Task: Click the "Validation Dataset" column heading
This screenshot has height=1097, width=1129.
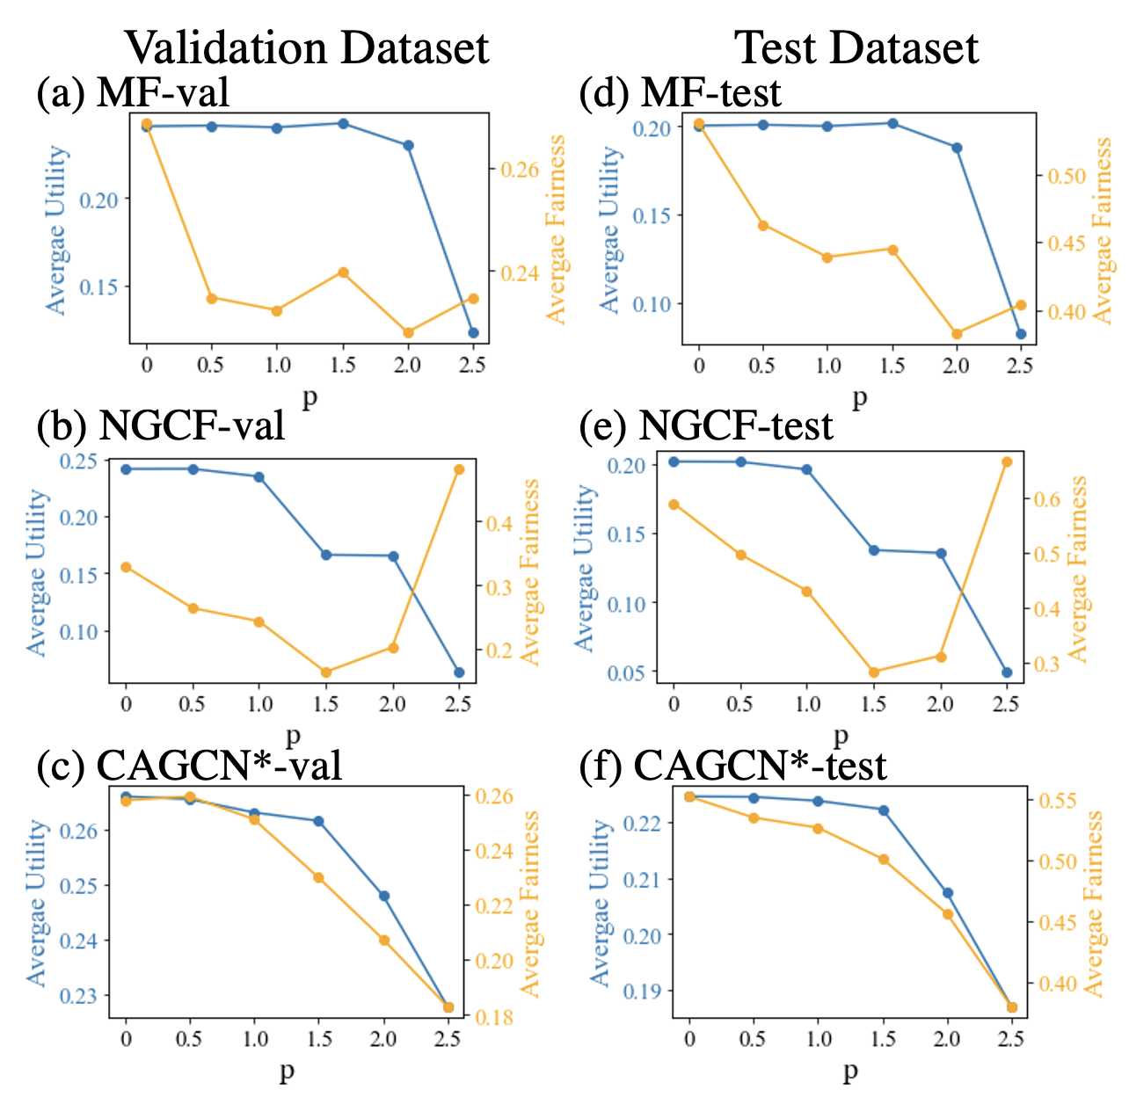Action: tap(306, 47)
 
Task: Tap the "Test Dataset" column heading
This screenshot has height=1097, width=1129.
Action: tap(856, 47)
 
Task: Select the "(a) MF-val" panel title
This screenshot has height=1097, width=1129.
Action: tap(133, 91)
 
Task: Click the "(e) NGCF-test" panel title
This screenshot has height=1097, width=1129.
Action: tap(706, 425)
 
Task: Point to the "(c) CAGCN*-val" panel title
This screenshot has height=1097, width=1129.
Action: tap(189, 766)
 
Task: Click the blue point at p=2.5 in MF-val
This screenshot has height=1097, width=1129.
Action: tap(473, 333)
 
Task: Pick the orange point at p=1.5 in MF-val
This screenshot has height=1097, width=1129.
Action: tap(344, 272)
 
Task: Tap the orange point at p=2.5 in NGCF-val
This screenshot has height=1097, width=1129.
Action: tap(458, 469)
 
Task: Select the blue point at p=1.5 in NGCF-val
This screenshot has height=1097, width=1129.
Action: tap(326, 555)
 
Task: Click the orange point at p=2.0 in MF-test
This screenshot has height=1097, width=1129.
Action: tap(957, 334)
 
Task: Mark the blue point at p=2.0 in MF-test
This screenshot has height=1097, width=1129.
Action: tap(957, 148)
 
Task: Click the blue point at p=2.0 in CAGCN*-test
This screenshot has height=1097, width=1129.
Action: tap(948, 893)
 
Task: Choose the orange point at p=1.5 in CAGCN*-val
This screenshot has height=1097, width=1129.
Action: tap(318, 877)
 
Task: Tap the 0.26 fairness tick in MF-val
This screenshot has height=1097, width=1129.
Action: tap(519, 169)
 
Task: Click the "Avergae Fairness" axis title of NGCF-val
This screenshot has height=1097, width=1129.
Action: tap(530, 571)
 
